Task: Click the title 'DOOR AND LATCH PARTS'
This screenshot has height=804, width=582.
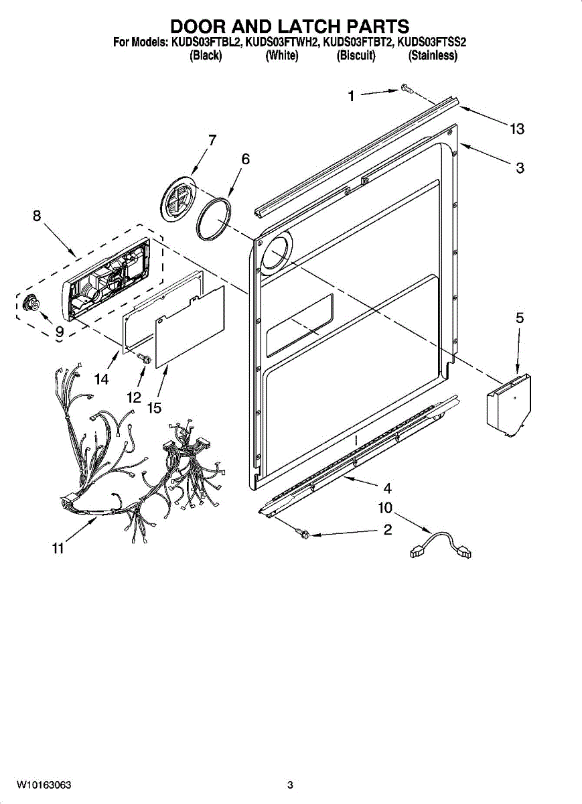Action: (x=289, y=26)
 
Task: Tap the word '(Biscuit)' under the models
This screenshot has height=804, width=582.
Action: (x=356, y=56)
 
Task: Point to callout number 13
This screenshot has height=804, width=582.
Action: (x=516, y=129)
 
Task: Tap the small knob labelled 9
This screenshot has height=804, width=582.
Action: (x=29, y=304)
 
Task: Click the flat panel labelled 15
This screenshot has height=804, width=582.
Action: (x=191, y=325)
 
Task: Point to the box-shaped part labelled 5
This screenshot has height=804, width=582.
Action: (x=509, y=405)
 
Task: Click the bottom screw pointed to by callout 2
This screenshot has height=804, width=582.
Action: (x=303, y=533)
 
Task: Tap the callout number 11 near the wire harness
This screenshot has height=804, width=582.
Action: (x=58, y=549)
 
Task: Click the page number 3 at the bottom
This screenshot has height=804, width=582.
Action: (x=290, y=785)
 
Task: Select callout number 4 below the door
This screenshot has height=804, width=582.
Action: (x=387, y=488)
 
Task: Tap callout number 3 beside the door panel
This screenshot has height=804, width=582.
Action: (x=520, y=168)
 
